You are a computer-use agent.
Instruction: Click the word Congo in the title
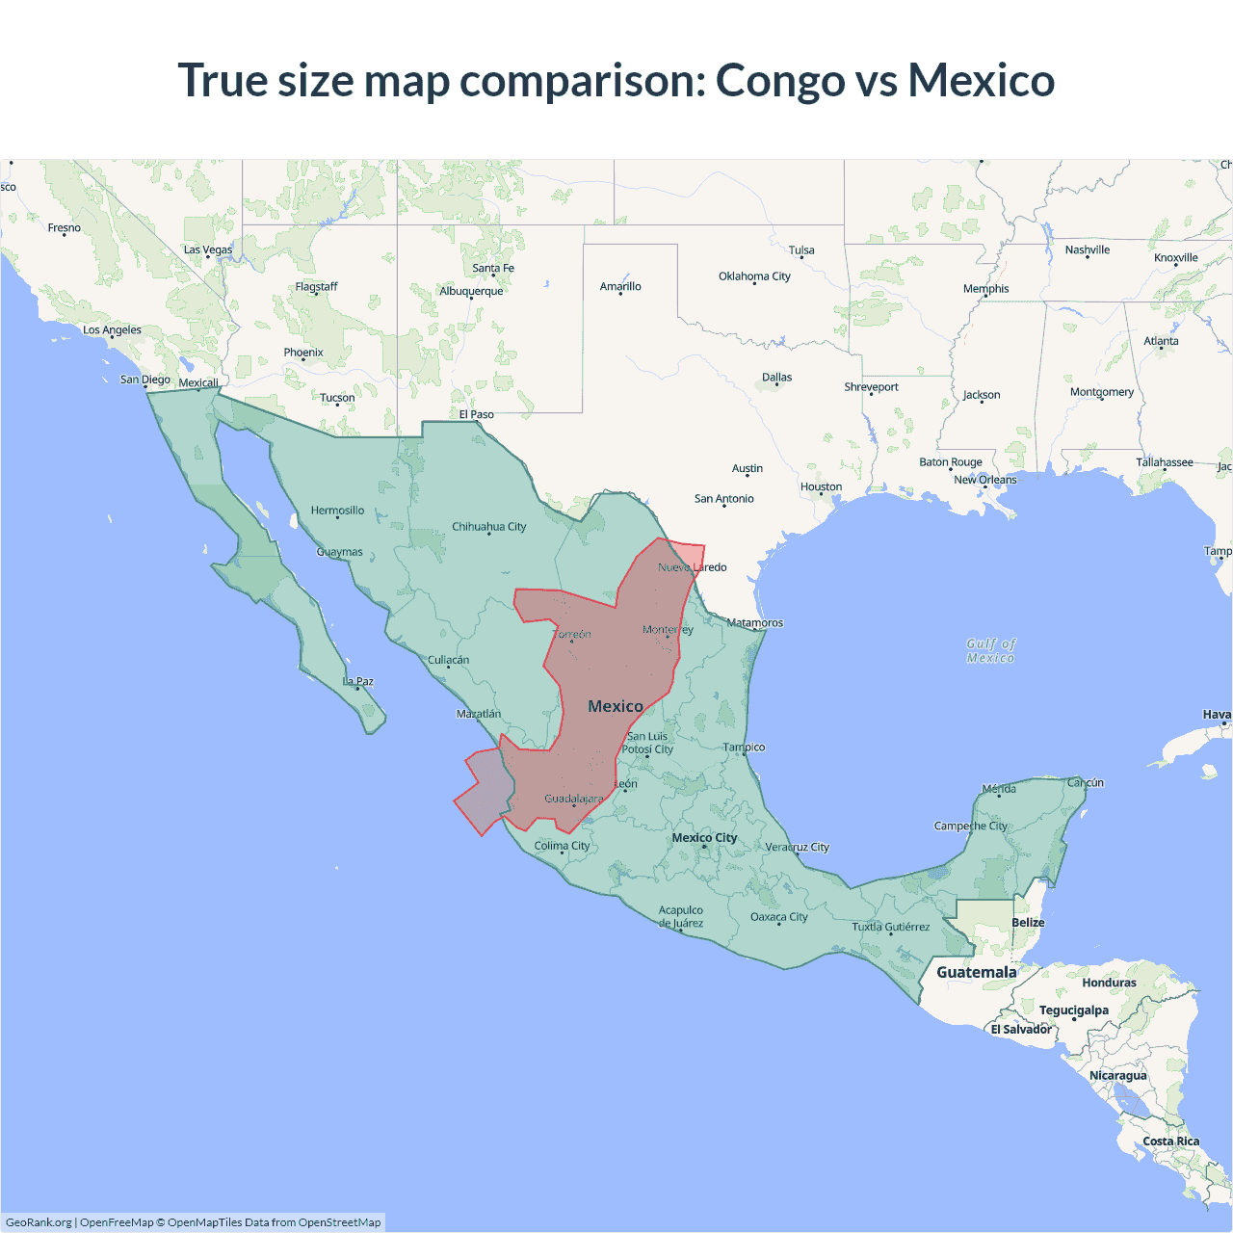coord(779,81)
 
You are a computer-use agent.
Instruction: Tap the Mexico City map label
coord(704,837)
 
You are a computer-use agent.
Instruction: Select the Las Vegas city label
coord(208,249)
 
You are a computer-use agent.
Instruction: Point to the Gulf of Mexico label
coord(991,650)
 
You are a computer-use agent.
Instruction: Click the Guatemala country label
coord(976,972)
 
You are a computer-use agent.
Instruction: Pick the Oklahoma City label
coord(754,276)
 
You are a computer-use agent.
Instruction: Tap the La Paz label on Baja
coord(358,681)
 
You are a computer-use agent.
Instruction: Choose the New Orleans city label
coord(984,480)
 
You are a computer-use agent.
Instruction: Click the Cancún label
coord(1085,782)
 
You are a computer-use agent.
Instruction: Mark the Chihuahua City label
coord(489,527)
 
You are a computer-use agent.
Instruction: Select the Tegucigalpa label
coord(1073,1010)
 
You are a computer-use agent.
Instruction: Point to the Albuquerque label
coord(471,291)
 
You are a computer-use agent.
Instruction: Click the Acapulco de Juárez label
coord(681,916)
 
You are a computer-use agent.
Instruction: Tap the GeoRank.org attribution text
coord(39,1222)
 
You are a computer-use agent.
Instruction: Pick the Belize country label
coord(1028,922)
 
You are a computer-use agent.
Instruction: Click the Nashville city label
coord(1087,250)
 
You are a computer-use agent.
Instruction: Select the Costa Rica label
coord(1170,1141)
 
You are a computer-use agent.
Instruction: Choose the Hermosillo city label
coord(337,511)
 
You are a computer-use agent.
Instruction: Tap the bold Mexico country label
coord(616,706)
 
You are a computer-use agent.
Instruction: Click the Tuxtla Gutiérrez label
coord(891,927)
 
